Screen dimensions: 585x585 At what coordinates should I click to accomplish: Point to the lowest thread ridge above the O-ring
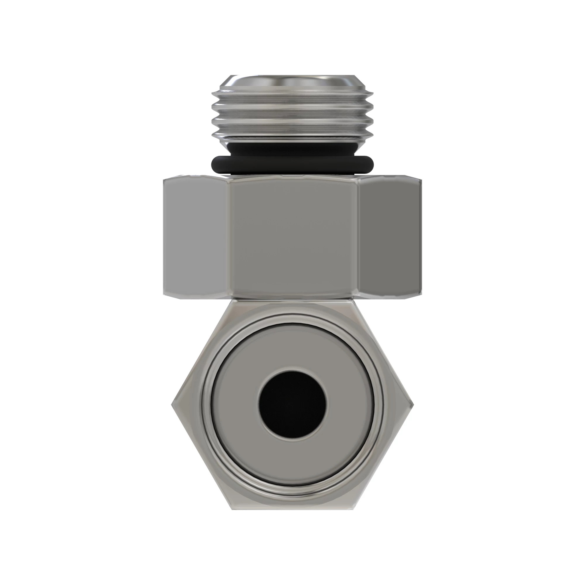(x=292, y=133)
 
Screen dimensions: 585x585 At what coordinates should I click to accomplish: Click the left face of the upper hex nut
(x=196, y=236)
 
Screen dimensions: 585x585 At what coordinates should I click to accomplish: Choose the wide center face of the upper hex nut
(x=292, y=236)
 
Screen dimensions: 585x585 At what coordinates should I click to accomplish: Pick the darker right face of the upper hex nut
(x=390, y=236)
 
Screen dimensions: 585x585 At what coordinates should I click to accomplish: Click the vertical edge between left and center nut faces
(x=229, y=236)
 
